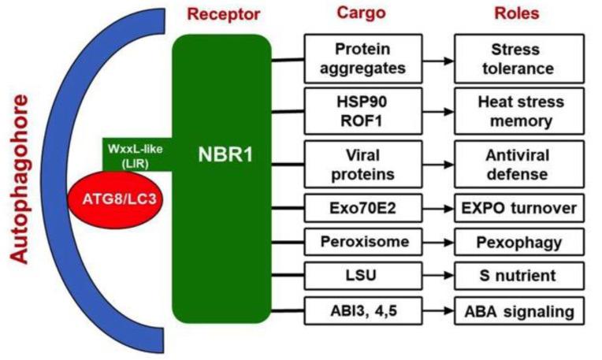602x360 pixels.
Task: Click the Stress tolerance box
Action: pyautogui.click(x=518, y=58)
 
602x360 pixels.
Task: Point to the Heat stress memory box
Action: pyautogui.click(x=518, y=110)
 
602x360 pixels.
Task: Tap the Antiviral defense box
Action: pyautogui.click(x=518, y=163)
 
